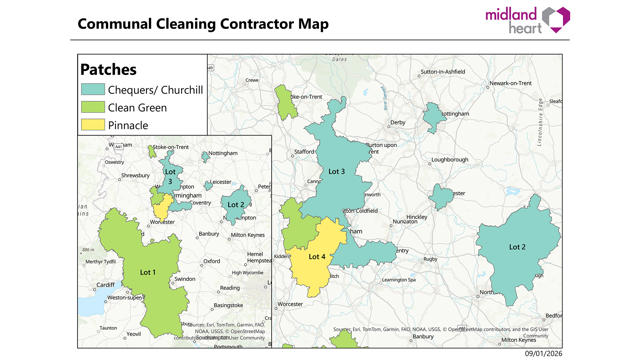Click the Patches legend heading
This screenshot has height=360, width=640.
(108, 70)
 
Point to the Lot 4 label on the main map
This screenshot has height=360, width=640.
(317, 257)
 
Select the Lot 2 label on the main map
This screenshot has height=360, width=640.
(517, 246)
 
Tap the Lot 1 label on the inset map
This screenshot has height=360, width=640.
(148, 272)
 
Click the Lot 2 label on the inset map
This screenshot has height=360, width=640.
(235, 204)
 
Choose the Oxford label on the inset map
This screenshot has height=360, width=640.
(212, 261)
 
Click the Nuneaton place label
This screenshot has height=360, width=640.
(405, 219)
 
